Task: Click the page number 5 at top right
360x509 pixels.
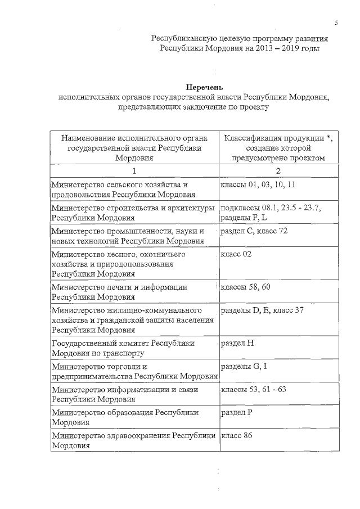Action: [336, 22]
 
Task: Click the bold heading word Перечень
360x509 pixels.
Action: [205, 87]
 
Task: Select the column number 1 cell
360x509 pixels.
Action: [134, 170]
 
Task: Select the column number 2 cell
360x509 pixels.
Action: [278, 170]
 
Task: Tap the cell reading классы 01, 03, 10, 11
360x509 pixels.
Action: [258, 184]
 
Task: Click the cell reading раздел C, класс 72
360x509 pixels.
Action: [254, 231]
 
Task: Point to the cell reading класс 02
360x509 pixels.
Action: [236, 254]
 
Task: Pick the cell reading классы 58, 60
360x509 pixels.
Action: [246, 287]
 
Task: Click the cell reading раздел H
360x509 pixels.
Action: [238, 343]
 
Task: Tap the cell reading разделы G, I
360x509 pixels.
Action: [244, 366]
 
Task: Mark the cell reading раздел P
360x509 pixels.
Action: [238, 412]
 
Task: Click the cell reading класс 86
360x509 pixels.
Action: [236, 435]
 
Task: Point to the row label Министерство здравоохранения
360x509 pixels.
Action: [134, 440]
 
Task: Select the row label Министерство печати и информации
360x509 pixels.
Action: [119, 292]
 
